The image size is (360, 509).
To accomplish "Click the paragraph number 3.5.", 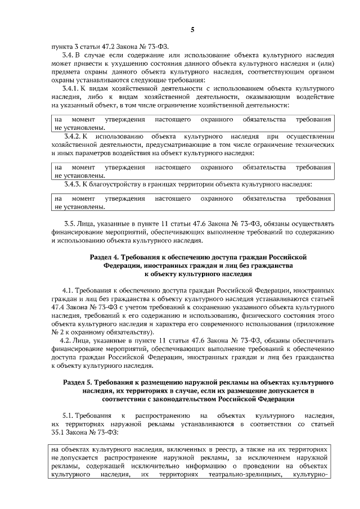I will tap(70, 224).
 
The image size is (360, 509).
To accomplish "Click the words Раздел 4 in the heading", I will tap(104, 256).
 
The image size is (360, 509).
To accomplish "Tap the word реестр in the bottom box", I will tap(221, 451).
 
